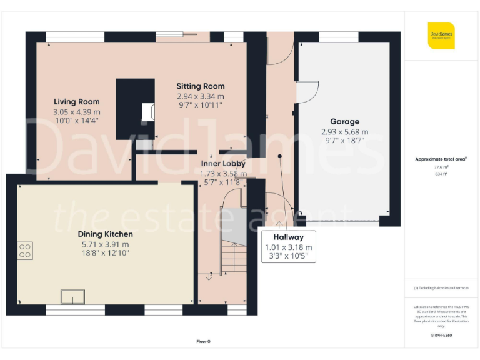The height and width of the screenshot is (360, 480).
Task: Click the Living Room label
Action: (x=76, y=102)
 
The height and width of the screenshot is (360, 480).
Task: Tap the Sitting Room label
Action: (x=200, y=86)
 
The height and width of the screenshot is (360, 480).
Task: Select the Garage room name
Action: (x=344, y=122)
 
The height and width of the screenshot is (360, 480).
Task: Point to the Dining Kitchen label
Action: (x=105, y=234)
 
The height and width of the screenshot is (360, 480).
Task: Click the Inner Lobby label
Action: (x=223, y=163)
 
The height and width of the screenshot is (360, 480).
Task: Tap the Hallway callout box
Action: (x=288, y=247)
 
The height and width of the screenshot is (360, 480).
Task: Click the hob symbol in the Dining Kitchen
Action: (x=26, y=251)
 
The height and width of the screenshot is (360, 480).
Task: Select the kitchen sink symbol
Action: (x=72, y=297)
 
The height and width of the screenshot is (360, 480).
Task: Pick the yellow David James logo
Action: (x=441, y=36)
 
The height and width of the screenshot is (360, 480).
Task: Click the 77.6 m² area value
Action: (x=441, y=167)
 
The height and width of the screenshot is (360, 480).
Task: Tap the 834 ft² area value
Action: (x=441, y=174)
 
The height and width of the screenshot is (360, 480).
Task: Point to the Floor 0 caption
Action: (x=204, y=341)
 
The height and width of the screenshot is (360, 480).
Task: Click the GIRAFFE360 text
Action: (x=441, y=336)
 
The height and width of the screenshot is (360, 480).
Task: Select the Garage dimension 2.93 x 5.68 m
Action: (x=344, y=132)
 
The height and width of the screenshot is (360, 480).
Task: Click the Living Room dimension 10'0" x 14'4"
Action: (x=76, y=120)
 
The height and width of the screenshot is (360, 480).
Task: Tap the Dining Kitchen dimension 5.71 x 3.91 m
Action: (x=105, y=244)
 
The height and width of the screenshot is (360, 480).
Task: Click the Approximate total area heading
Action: (x=441, y=159)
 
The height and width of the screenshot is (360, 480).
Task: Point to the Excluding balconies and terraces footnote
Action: (x=441, y=288)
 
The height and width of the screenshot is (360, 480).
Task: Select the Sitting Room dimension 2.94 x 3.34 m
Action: (x=200, y=96)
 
